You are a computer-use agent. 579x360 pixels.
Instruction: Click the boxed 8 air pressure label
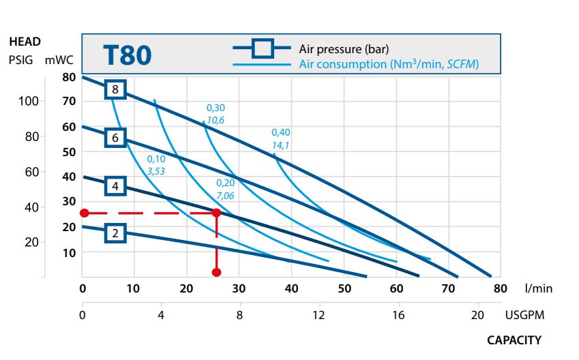click(116, 89)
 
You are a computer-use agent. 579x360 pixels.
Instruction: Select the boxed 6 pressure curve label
click(116, 138)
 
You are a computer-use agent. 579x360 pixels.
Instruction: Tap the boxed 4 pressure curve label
click(116, 185)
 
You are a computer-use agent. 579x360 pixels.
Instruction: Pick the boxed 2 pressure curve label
click(116, 233)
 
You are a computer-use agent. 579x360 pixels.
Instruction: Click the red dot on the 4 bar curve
click(217, 213)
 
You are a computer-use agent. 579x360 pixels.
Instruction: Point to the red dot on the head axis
click(84, 213)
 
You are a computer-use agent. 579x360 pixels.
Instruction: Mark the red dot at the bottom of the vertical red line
click(217, 272)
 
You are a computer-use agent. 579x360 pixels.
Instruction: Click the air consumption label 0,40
click(280, 132)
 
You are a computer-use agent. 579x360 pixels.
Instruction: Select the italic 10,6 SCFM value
click(216, 120)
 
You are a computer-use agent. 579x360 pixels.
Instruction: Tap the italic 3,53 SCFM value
click(156, 170)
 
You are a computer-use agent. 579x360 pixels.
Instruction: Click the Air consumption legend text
click(389, 64)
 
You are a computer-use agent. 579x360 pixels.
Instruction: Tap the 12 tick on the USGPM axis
click(318, 315)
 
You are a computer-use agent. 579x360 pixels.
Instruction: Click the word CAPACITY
click(514, 340)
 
